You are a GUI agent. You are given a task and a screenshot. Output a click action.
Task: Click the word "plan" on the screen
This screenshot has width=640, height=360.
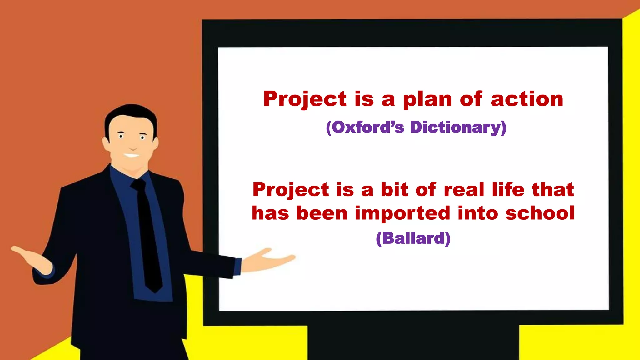click(x=427, y=99)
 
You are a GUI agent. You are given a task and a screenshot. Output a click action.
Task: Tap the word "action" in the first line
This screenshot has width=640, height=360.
click(x=527, y=99)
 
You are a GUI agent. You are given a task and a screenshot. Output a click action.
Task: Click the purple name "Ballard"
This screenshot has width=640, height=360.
click(x=413, y=238)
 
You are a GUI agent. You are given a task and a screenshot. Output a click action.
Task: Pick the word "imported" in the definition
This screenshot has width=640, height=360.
click(x=403, y=213)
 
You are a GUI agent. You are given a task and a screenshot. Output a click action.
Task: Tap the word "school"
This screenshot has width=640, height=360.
click(x=540, y=213)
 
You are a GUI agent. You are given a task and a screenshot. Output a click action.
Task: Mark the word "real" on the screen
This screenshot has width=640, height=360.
click(x=464, y=190)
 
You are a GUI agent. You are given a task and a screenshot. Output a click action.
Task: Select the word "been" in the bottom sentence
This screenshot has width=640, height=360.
click(x=322, y=213)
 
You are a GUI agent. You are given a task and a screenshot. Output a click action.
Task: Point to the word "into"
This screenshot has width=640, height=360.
click(x=478, y=213)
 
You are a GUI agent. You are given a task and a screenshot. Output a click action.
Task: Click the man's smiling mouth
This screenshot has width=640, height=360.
click(x=132, y=155)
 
